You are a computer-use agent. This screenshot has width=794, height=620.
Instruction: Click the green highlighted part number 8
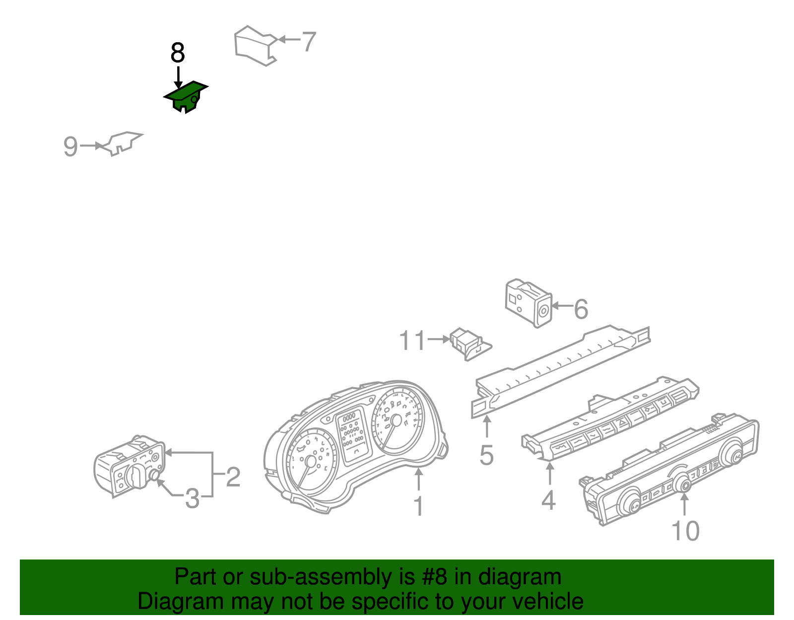(x=186, y=96)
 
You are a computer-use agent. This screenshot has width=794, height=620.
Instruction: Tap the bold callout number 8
(x=178, y=53)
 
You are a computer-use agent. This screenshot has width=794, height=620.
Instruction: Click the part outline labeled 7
(x=256, y=46)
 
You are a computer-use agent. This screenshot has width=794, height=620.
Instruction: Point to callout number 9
(x=70, y=146)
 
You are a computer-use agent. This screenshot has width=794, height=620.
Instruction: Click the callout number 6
(x=581, y=309)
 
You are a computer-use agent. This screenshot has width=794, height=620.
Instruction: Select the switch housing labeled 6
(x=529, y=302)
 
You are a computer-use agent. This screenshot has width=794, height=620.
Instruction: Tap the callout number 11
(x=412, y=340)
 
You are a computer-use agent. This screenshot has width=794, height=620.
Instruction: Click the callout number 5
(x=487, y=455)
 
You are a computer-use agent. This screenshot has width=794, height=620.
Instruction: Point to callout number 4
(x=548, y=500)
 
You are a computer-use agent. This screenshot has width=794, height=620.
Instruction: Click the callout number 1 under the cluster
(x=419, y=506)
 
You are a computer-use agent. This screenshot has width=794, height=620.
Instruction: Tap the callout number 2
(x=233, y=477)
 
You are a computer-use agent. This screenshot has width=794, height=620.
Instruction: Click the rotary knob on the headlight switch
(x=136, y=476)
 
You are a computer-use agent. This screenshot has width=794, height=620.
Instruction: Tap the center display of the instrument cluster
(x=353, y=435)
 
